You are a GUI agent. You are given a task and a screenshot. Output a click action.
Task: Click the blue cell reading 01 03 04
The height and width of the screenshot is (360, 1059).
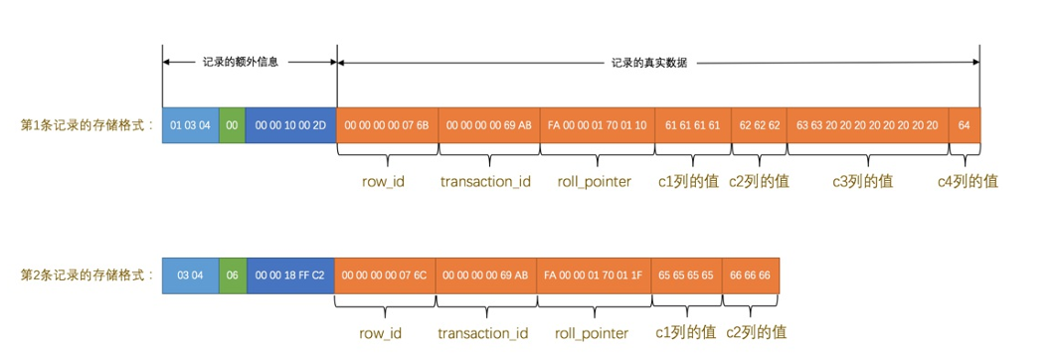point(190,126)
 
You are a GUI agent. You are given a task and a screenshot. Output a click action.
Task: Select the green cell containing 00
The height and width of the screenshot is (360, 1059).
point(232,126)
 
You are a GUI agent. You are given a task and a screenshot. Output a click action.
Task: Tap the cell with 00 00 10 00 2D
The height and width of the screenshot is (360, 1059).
point(290,126)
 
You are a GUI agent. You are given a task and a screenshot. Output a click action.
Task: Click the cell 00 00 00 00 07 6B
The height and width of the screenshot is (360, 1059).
point(387,126)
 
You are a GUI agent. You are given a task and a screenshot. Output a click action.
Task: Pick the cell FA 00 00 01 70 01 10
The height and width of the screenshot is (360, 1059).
point(597,126)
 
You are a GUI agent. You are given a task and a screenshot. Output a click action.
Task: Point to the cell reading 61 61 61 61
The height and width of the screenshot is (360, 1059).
point(692,126)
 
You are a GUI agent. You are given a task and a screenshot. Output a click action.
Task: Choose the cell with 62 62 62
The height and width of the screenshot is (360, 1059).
point(759,126)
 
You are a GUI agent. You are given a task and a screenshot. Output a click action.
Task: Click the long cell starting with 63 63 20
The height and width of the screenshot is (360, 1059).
point(867,126)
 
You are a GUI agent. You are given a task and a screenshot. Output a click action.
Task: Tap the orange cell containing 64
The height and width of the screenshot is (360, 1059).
point(965,126)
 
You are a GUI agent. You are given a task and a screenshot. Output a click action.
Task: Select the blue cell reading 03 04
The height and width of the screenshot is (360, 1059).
point(190,274)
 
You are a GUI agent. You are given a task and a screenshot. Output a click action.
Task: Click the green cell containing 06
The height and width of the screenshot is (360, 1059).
point(232,274)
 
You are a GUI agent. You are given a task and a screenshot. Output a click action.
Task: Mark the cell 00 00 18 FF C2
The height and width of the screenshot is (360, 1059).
point(289,274)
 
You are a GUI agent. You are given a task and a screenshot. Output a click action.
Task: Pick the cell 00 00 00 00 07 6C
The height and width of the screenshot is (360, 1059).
point(384,274)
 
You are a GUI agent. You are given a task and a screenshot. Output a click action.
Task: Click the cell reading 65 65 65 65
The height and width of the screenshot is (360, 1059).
point(686,274)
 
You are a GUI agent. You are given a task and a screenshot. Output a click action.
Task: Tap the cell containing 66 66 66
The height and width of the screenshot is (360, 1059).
point(751,274)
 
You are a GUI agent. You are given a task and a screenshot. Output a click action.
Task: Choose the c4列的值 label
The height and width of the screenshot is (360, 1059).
point(968,182)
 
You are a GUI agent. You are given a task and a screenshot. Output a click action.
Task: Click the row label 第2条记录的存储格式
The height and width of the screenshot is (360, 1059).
point(88,274)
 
